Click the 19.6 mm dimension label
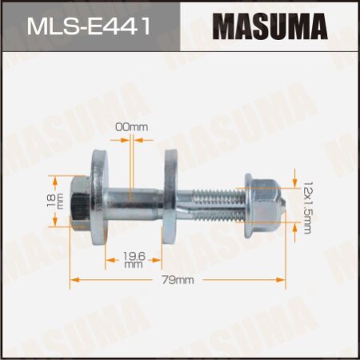coord(134,259)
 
